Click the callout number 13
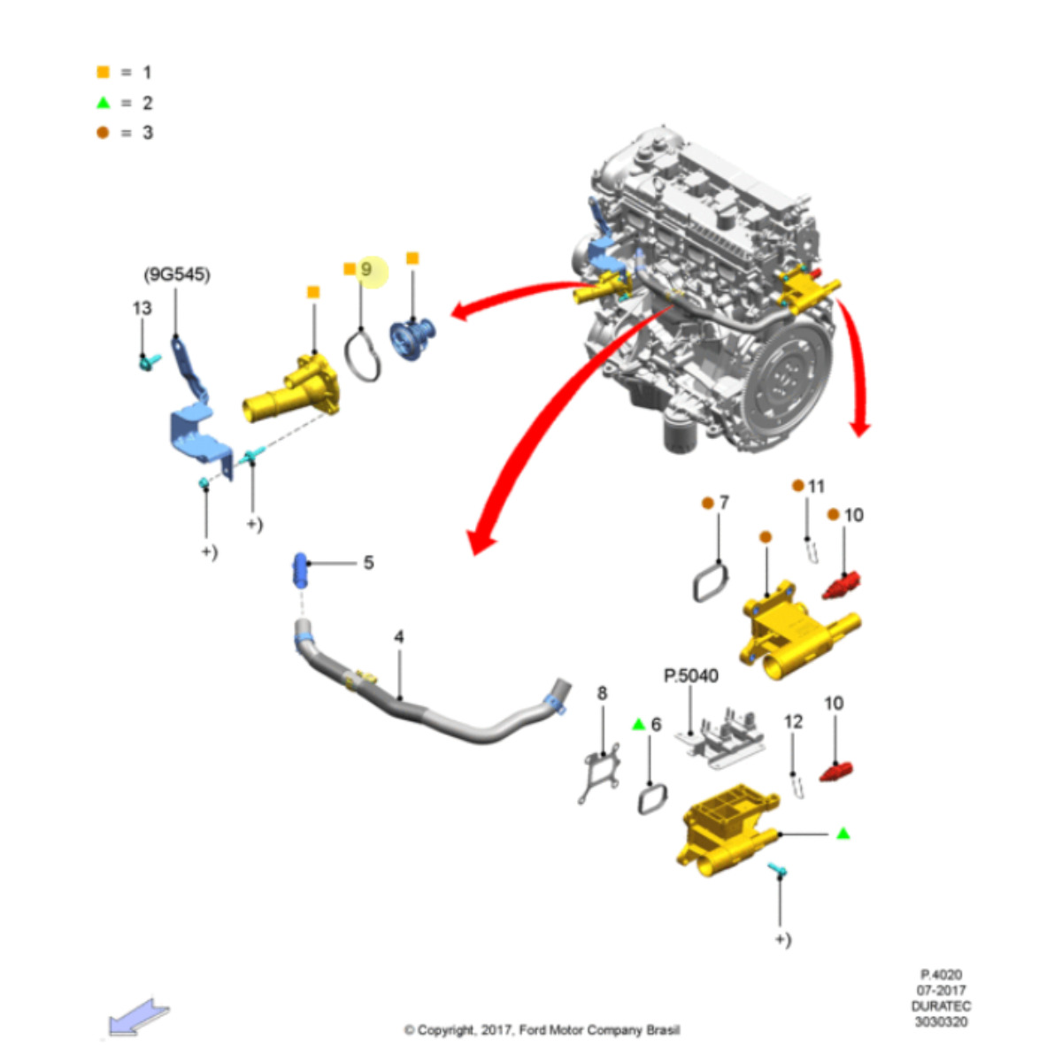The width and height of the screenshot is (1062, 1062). point(142,308)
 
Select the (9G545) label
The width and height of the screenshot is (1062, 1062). point(177,275)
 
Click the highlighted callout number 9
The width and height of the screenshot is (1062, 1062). point(366,269)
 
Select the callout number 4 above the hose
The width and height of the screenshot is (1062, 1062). point(399,636)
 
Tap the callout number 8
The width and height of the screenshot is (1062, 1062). point(602,693)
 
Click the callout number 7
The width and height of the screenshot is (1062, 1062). point(724,503)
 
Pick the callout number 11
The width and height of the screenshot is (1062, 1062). point(816,486)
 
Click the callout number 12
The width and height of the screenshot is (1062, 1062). point(793,721)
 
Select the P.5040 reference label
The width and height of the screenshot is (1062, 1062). point(690,676)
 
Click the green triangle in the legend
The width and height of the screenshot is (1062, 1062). point(104,103)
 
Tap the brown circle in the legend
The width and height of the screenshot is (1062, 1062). point(104,133)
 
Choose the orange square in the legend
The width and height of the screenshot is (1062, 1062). point(104,73)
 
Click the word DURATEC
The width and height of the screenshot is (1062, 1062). point(941,1006)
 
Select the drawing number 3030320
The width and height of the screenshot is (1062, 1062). point(941,1022)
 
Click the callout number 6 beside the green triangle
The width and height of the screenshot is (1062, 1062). point(656,725)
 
